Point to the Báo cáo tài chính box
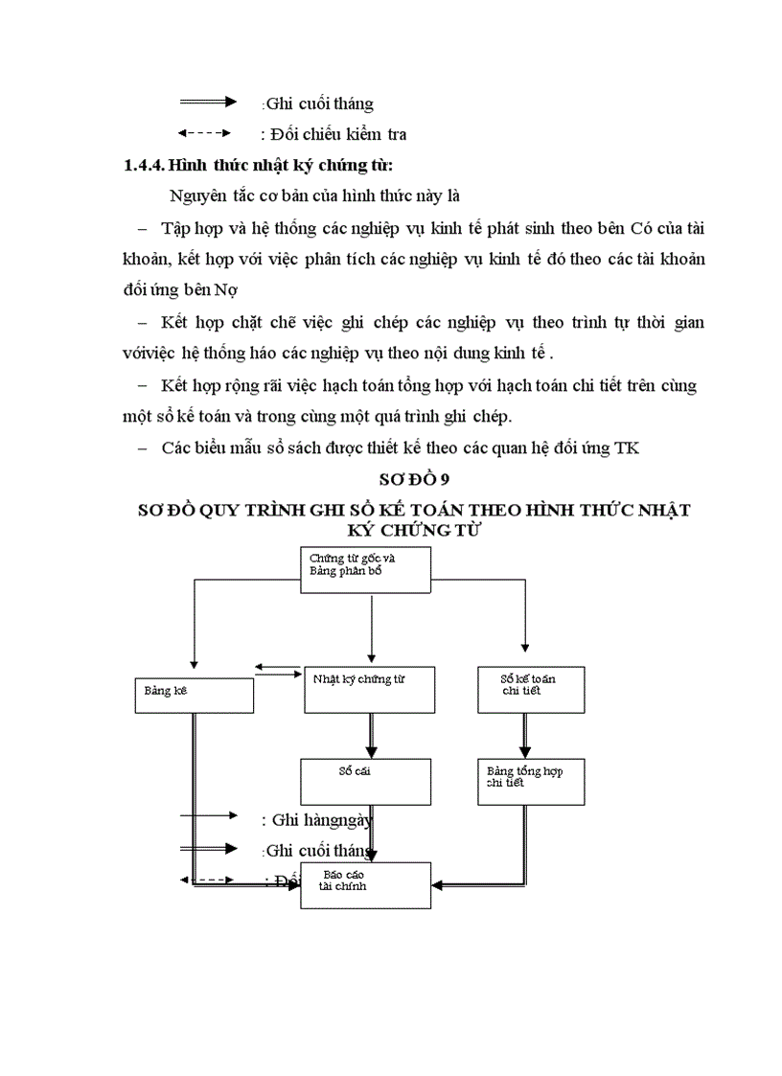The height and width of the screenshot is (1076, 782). click(365, 884)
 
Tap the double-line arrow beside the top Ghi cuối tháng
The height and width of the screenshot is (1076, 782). click(208, 102)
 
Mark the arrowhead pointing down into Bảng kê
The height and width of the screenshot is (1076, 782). click(195, 663)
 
